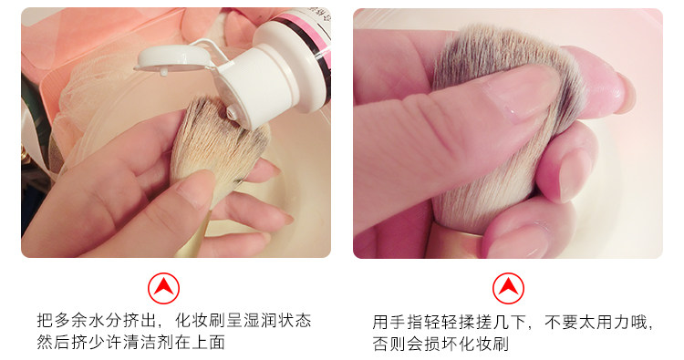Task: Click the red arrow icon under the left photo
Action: (x=163, y=288)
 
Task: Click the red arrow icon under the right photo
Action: (x=508, y=288)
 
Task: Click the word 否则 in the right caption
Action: (x=389, y=344)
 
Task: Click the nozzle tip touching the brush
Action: (x=232, y=114)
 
